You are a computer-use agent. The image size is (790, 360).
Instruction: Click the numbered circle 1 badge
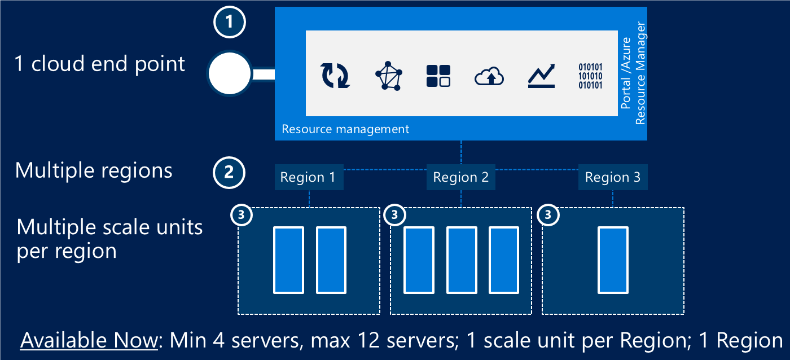coord(229,22)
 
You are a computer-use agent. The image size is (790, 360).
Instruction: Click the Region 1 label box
coord(308,178)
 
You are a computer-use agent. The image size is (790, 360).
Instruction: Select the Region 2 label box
coord(460,178)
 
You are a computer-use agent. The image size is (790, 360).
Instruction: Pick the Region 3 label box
coord(613,178)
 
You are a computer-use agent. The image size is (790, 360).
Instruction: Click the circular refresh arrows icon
coord(335,76)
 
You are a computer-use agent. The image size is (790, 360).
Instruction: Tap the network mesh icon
coord(389,76)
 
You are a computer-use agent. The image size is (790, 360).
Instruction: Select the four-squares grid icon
coord(438,76)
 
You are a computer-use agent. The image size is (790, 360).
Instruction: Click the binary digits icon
coord(590,76)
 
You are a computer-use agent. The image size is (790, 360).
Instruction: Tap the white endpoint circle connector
coord(229,74)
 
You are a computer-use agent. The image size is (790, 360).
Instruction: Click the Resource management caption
coord(345,129)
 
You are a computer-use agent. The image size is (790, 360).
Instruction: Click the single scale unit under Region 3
coord(613,260)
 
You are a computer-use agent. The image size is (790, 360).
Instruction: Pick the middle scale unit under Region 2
coord(461,260)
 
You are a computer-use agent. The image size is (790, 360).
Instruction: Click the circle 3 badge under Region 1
coord(242,215)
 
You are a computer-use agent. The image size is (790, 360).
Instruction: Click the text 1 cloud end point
coord(99,64)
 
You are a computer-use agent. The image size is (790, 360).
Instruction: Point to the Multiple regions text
coord(94,170)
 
